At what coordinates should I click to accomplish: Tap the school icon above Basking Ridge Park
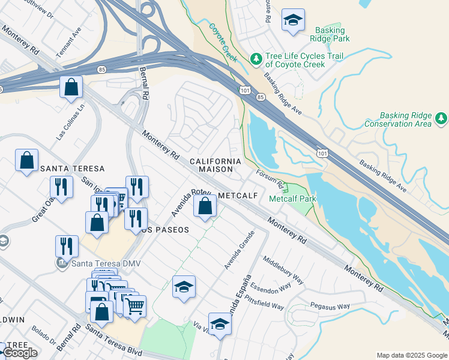click(x=293, y=21)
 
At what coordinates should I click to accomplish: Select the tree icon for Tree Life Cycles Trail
click(x=256, y=58)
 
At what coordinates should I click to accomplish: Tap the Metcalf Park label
click(x=292, y=199)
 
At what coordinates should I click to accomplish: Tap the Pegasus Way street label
click(x=330, y=307)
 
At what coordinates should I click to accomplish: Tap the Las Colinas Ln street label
click(x=71, y=124)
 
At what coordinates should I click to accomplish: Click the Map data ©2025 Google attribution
click(x=411, y=355)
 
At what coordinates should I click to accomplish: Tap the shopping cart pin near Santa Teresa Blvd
click(x=135, y=307)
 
